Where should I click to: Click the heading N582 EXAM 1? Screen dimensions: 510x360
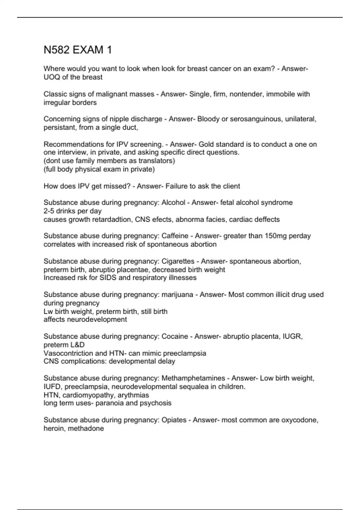pyautogui.click(x=78, y=50)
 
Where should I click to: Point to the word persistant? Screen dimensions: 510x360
pyautogui.click(x=59, y=127)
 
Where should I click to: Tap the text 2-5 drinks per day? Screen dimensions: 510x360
pyautogui.click(x=73, y=211)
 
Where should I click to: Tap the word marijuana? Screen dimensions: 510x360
pyautogui.click(x=177, y=295)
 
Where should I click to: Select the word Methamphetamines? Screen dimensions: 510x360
pyautogui.click(x=193, y=378)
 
